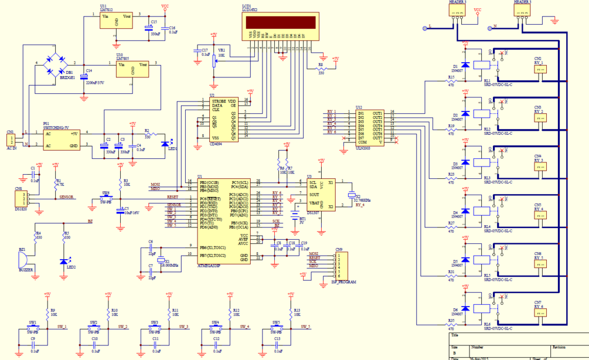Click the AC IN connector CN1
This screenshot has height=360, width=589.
(x=10, y=141)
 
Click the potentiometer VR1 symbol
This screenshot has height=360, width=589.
(x=213, y=60)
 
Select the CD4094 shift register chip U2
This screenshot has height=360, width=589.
(x=224, y=120)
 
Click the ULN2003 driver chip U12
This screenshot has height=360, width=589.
(x=369, y=126)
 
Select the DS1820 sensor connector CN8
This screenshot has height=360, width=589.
(x=21, y=199)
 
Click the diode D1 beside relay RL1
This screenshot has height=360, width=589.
(x=465, y=65)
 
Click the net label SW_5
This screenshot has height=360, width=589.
(x=305, y=327)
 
